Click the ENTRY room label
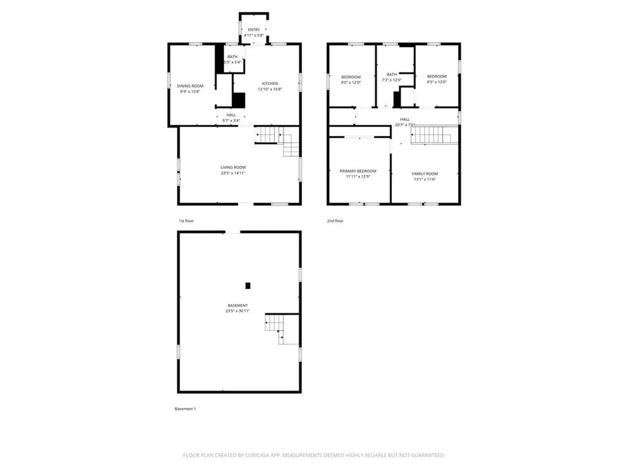[253, 29]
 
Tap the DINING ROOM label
[190, 86]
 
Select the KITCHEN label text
[270, 83]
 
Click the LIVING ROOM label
[233, 167]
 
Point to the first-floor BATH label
[232, 56]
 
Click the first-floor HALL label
[231, 115]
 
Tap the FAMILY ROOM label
[425, 174]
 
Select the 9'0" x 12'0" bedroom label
[351, 77]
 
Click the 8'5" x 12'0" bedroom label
[437, 77]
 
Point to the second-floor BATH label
[391, 74]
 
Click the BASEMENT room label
[237, 305]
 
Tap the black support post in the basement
[248, 285]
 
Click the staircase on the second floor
[434, 135]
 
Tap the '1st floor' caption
[186, 220]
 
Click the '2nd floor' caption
[335, 220]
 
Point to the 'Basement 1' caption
[186, 408]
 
